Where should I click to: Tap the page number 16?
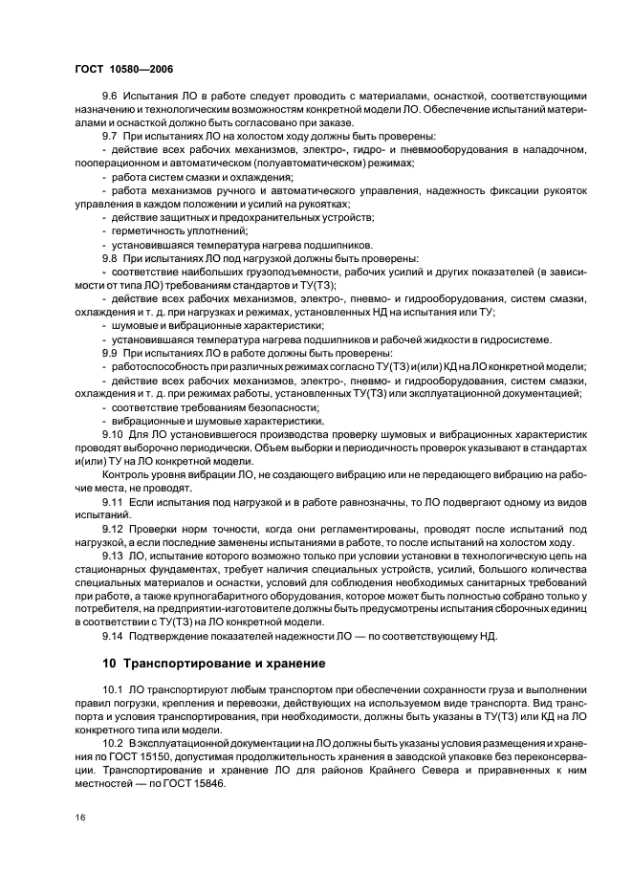click(79, 817)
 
